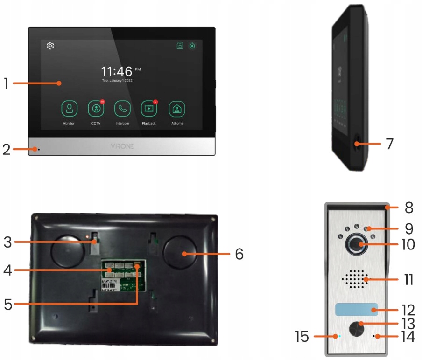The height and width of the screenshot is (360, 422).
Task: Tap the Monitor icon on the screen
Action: [69, 109]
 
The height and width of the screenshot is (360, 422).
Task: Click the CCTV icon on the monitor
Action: [96, 109]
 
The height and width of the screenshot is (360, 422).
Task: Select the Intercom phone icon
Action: [122, 109]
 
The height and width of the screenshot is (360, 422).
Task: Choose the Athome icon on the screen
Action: [176, 109]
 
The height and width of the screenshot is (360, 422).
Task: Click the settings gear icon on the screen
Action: [50, 45]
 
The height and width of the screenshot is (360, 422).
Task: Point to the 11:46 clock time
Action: [117, 71]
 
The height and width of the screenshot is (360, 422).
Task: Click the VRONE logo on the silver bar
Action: [122, 146]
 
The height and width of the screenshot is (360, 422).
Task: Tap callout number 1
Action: [6, 83]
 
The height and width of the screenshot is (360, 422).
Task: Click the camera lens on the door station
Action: [356, 244]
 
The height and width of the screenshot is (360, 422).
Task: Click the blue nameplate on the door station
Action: [356, 309]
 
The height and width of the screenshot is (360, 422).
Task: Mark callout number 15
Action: [303, 336]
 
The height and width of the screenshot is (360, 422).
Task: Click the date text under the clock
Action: [117, 81]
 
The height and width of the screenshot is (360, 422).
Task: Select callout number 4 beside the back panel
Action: [6, 270]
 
